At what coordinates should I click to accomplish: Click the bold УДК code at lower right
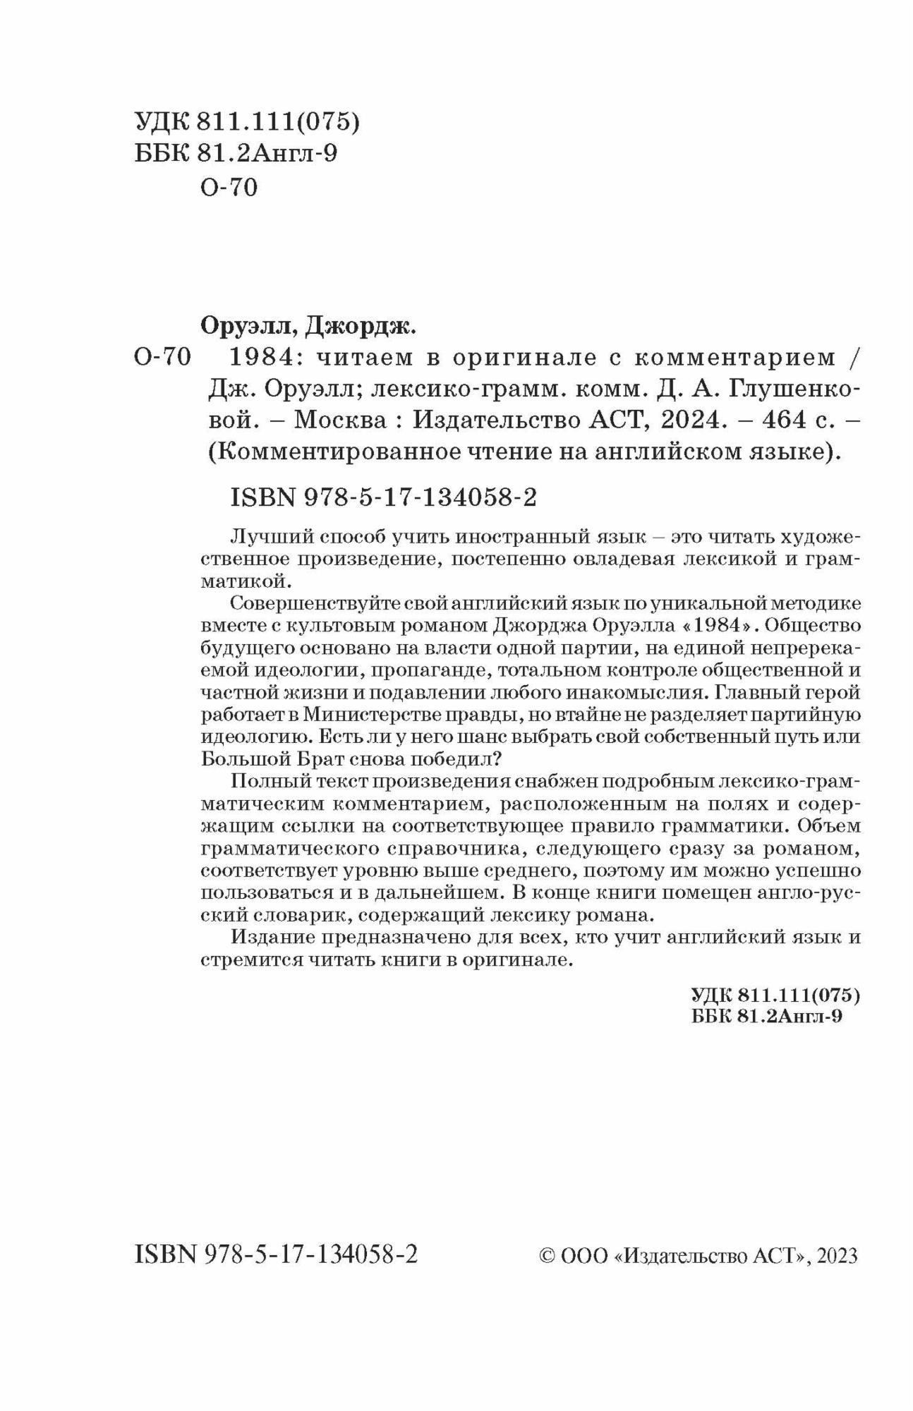pos(775,995)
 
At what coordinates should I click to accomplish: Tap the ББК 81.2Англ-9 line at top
pos(236,154)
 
